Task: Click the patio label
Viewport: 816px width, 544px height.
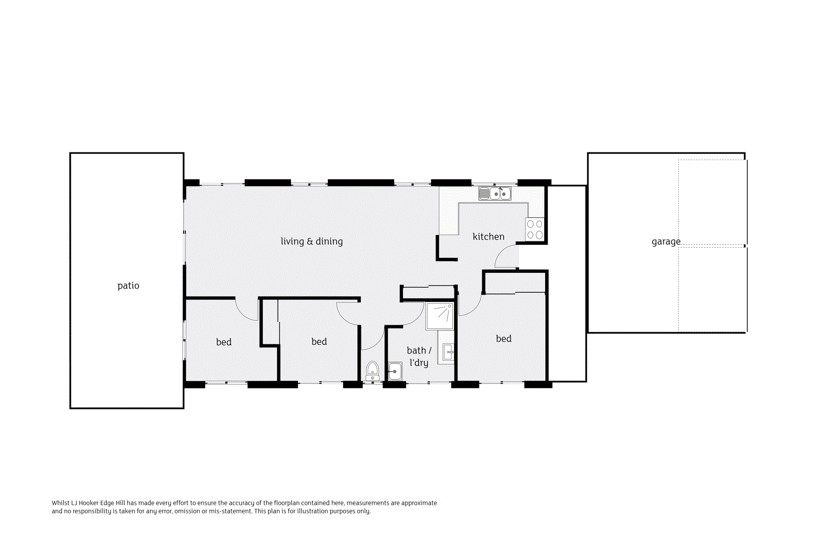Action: pos(128,286)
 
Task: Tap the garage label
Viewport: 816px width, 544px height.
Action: pos(666,242)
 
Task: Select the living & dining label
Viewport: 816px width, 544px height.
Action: pos(312,242)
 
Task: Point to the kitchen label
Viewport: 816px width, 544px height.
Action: pos(489,237)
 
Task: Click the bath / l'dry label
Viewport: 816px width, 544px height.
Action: pos(419,356)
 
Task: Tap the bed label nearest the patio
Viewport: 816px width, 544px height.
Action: pos(224,342)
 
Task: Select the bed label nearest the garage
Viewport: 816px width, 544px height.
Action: pos(504,339)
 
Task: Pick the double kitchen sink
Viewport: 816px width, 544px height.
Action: pos(495,194)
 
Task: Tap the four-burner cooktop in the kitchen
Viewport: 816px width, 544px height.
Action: pos(534,229)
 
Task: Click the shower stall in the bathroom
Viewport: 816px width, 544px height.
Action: pos(440,316)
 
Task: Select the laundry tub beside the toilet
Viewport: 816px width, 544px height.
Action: pos(395,371)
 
